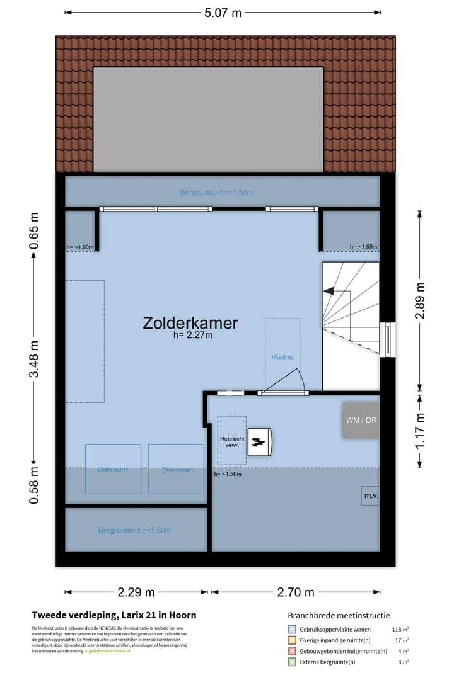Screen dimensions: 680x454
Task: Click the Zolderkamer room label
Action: pos(190,323)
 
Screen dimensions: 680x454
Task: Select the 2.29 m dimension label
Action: pos(136,592)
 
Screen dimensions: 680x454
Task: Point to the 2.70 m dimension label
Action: pos(296,592)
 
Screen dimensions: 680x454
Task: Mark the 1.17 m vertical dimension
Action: pos(419,431)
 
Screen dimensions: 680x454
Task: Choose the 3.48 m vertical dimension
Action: pos(35,358)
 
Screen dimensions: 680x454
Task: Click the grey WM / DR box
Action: pos(361,420)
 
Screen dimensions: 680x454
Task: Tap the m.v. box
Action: pos(370,496)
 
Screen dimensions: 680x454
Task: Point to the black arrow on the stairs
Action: pos(329,290)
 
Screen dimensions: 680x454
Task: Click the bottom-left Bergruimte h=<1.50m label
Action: pos(134,530)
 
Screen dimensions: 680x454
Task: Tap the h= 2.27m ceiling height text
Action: pos(193,336)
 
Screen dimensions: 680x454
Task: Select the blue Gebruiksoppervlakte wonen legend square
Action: pos(292,629)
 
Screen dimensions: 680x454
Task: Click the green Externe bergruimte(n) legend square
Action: pos(292,662)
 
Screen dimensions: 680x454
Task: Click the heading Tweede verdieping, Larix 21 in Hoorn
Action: pos(114,615)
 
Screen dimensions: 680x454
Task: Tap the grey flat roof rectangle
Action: pos(208,118)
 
